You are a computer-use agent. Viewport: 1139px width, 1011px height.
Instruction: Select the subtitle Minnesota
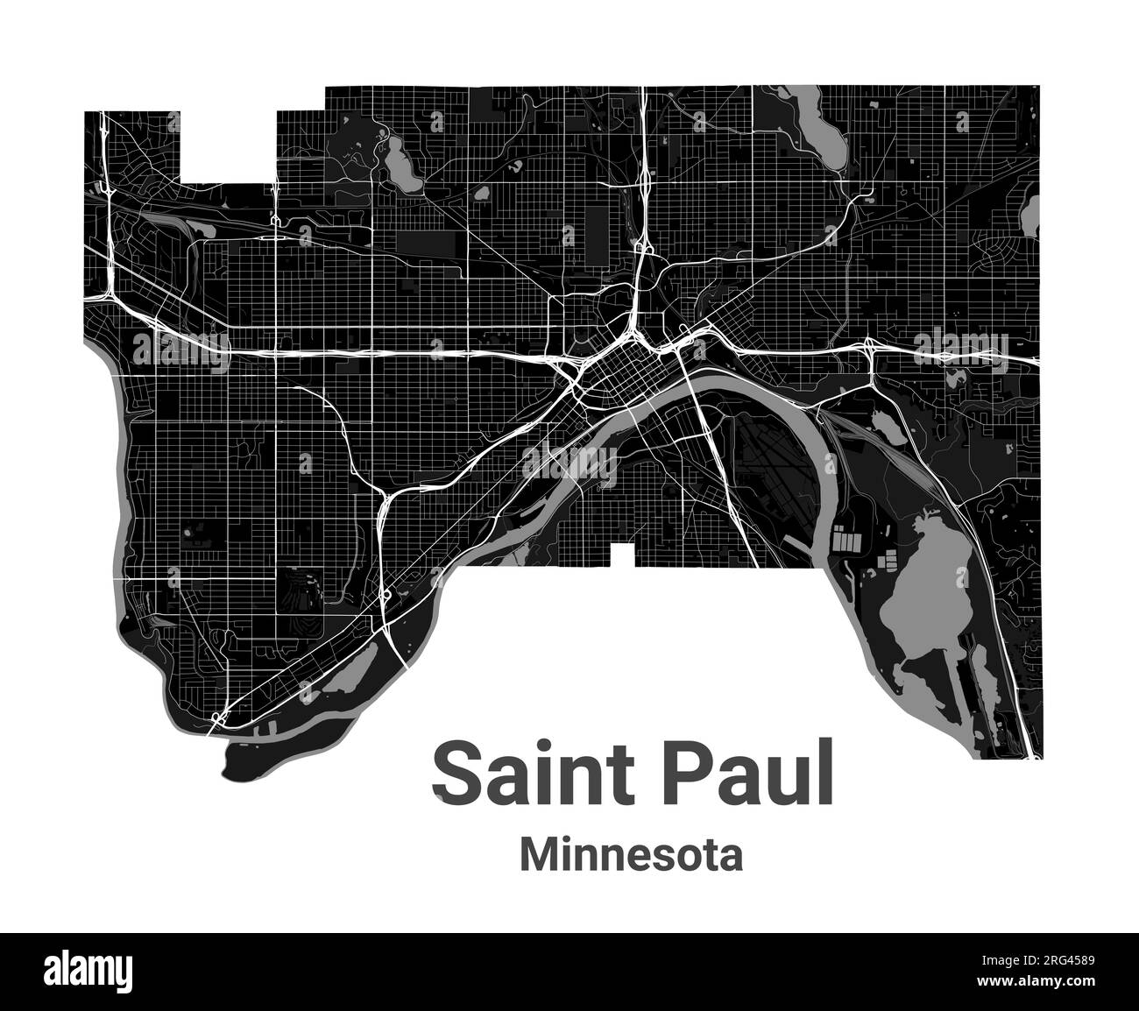[632, 854]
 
